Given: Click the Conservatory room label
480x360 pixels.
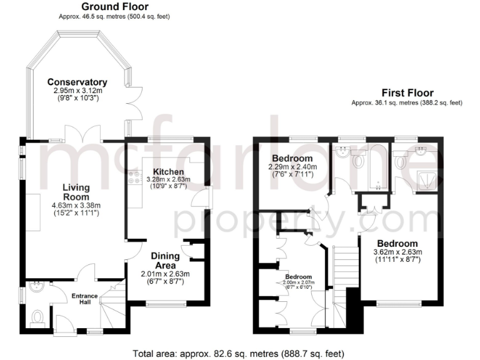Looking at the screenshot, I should (77, 82).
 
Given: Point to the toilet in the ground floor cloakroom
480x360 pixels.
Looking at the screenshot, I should (37, 317).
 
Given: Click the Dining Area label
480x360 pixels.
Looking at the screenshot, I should (165, 260).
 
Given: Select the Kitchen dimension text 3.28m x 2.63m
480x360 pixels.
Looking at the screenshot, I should (168, 179).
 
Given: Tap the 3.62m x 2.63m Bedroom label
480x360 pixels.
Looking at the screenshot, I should (397, 243).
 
